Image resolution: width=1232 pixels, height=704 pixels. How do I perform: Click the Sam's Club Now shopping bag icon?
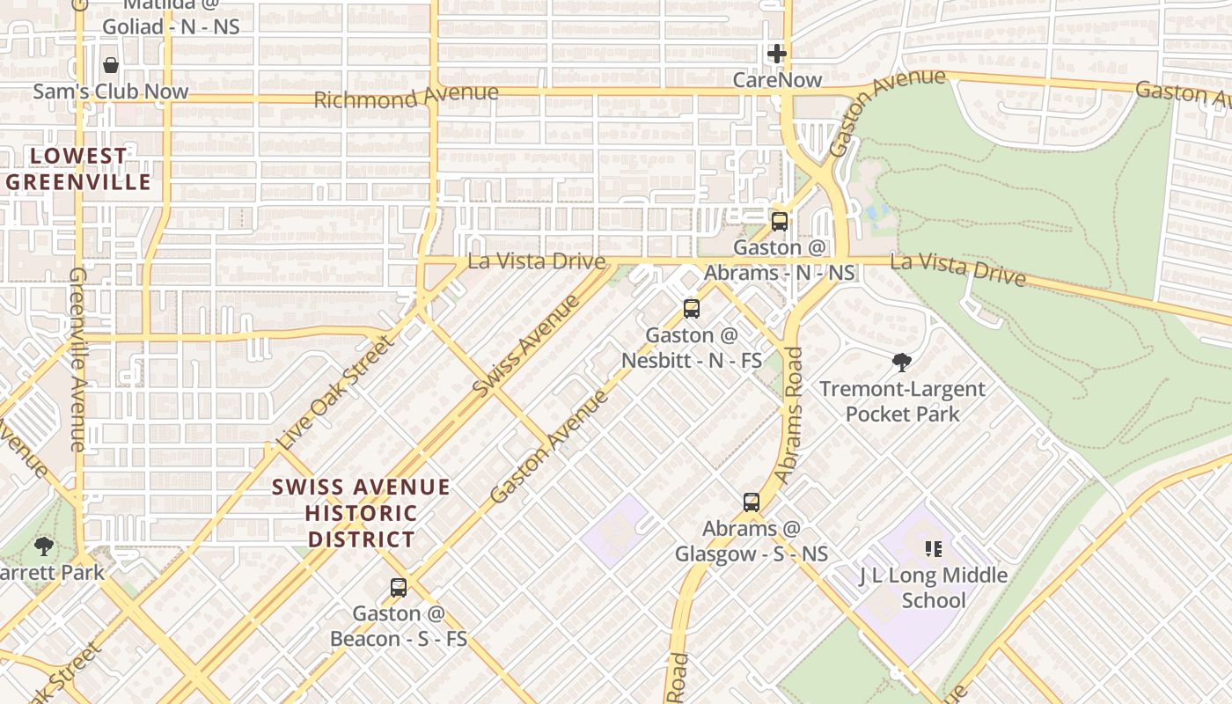point(111,65)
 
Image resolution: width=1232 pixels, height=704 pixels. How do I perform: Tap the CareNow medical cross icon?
point(776,54)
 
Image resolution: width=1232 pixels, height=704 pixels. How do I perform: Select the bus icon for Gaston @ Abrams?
point(779,221)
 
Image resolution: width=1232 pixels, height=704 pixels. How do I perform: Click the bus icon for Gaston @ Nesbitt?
point(692,309)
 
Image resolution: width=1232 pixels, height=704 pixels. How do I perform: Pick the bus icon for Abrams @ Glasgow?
point(751,502)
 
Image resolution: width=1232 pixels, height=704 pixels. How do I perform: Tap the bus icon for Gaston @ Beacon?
point(399,587)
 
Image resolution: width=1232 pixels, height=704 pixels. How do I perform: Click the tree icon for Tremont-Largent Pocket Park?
point(901,362)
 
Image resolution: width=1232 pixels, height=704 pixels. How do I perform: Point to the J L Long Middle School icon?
point(934,549)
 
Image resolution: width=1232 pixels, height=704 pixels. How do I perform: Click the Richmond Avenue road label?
point(406,95)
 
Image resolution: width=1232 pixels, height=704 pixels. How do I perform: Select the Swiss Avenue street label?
point(525,346)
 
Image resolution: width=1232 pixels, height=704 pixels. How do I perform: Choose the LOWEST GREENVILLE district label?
point(78,169)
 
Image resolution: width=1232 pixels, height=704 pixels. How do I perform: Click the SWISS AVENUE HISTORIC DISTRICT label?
point(361,513)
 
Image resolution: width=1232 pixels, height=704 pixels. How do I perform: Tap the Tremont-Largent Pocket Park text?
point(902,401)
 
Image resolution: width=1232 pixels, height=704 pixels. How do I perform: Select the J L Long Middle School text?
point(933,588)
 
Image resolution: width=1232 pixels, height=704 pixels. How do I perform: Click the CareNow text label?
point(778,80)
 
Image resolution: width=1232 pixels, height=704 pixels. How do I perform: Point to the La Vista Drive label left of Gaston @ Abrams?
point(536,261)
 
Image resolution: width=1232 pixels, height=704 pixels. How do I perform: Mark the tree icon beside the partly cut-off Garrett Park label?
point(44,546)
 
